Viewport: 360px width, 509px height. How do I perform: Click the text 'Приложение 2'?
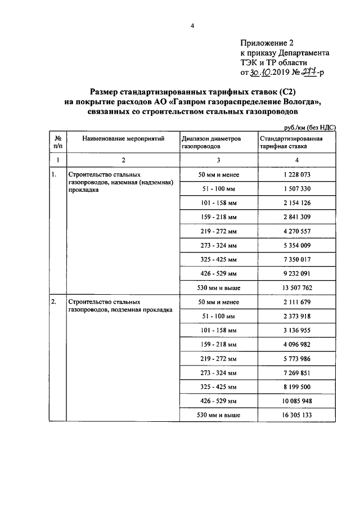point(267,42)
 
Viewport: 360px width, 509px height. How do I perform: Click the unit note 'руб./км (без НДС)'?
point(309,128)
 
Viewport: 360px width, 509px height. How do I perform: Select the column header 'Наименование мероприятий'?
point(123,139)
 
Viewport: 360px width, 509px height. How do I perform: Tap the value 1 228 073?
point(297,175)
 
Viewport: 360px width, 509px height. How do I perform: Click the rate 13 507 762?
point(297,287)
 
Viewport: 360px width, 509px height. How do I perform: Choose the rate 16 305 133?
point(297,415)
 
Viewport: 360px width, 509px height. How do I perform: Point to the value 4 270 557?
point(297,231)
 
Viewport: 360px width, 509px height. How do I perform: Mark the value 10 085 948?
point(297,401)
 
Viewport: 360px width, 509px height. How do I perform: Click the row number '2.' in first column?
point(54,302)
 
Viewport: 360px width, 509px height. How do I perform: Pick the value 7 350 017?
point(297,259)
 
